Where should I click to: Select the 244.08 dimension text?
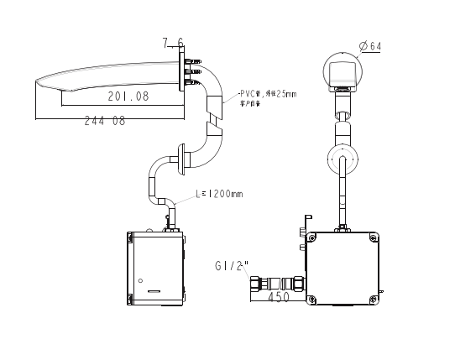tap(106, 122)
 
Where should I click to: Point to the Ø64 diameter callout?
tap(369, 46)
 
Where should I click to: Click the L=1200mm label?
tap(219, 194)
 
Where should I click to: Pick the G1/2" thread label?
tap(231, 266)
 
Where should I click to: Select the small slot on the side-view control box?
tap(154, 291)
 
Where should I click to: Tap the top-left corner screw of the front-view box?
tap(313, 238)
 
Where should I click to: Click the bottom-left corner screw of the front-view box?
tap(313, 299)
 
